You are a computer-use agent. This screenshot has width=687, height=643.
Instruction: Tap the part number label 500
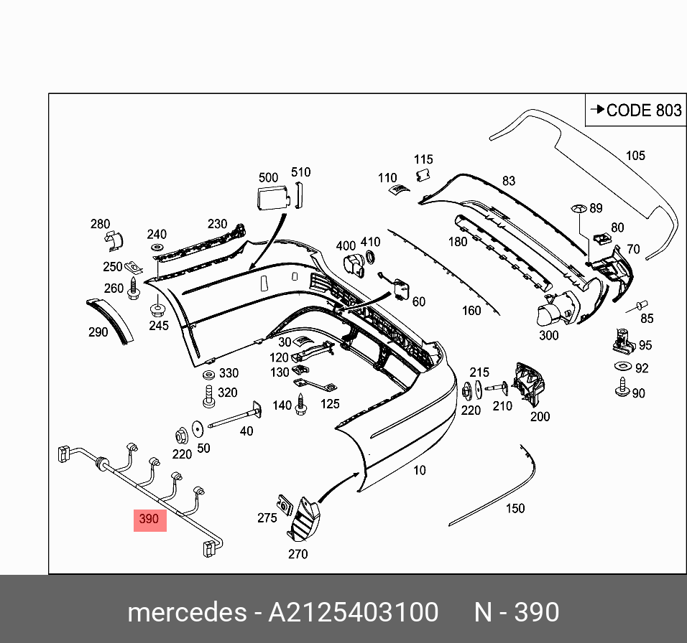[268, 177]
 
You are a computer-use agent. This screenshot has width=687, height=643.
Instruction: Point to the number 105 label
[635, 155]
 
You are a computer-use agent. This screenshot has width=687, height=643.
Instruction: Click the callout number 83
[509, 181]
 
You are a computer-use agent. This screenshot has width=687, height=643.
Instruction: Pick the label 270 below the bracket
[298, 553]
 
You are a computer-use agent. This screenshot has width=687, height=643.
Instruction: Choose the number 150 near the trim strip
[515, 508]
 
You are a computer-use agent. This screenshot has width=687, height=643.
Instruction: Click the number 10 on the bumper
[420, 471]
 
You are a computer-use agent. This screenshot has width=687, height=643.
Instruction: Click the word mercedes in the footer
[185, 612]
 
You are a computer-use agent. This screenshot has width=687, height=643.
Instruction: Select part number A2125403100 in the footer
[353, 612]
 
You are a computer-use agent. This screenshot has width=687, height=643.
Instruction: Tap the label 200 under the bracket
[540, 416]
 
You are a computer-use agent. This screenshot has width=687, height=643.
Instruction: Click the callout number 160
[471, 311]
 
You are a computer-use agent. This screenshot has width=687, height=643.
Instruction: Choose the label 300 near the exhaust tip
[548, 334]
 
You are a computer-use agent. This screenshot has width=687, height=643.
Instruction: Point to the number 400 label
[346, 245]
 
